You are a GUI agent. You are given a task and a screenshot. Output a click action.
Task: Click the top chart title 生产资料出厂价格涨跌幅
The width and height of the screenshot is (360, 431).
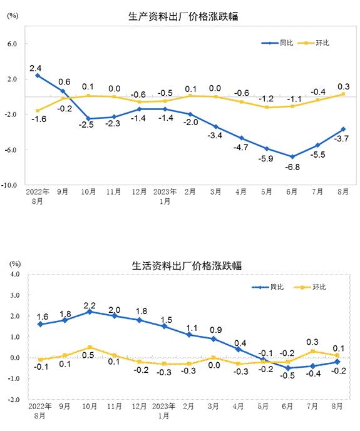[183, 16]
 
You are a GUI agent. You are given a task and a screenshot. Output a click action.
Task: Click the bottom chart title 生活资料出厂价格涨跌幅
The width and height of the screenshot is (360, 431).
[187, 266]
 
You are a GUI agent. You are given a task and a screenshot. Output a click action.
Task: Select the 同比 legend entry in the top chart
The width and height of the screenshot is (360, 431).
[277, 43]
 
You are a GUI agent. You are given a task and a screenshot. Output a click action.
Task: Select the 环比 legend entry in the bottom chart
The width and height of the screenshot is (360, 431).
[310, 287]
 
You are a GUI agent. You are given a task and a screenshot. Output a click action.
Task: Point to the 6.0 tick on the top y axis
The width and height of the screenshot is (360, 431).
[12, 44]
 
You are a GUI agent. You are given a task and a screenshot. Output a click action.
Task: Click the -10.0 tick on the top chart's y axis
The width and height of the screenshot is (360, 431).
[9, 185]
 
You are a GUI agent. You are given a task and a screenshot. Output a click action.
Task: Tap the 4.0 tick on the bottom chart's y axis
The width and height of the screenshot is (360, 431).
[14, 275]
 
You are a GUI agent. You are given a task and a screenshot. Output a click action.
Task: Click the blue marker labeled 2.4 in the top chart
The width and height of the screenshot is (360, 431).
[38, 76]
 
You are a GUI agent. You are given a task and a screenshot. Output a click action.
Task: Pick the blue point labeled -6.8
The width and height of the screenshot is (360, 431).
[292, 156]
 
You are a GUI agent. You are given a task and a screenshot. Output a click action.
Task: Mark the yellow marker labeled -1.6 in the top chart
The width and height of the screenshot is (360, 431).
[38, 111]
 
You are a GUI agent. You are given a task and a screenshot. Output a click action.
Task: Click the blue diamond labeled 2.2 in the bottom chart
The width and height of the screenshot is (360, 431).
[90, 312]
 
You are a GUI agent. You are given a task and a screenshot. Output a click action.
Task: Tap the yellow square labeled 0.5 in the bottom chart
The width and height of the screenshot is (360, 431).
[90, 347]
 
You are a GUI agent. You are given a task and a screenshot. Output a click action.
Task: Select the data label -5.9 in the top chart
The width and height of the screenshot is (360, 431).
[265, 159]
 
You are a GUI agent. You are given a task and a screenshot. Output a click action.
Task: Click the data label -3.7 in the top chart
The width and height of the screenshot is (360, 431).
[341, 138]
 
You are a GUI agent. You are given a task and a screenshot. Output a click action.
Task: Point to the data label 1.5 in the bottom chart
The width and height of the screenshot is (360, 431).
[167, 320]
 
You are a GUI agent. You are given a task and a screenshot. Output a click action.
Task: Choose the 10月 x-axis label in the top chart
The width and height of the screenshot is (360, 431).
[88, 192]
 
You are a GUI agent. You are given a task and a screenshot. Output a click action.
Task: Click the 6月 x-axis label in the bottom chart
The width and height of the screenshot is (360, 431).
[287, 406]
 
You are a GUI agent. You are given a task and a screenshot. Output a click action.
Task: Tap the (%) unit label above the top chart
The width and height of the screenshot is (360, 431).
[13, 16]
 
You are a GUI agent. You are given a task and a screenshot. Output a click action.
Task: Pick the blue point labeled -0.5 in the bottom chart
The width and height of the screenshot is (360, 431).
[288, 368]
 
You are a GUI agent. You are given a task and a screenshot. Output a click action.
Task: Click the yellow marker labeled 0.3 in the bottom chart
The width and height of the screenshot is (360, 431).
[312, 352]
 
